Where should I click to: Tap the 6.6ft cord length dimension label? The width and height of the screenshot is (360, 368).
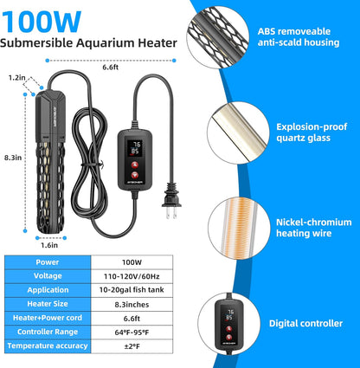point(110,66)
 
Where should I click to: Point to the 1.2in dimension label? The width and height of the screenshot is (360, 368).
point(16,77)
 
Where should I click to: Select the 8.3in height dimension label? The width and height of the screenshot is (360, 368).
point(11,158)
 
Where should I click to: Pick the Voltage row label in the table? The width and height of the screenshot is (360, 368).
point(48,276)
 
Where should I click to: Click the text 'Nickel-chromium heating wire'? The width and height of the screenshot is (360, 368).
point(305,227)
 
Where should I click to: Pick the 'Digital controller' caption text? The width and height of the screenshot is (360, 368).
point(305,323)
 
